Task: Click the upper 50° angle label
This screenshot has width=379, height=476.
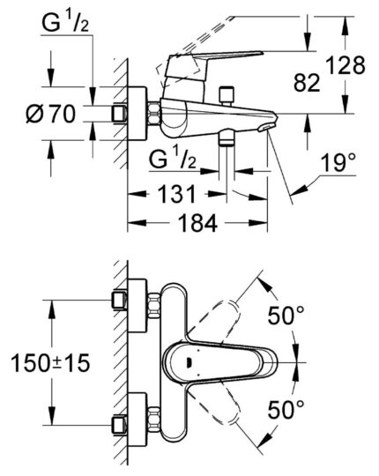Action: [x=287, y=314]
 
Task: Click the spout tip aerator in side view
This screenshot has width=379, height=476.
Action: [x=266, y=129]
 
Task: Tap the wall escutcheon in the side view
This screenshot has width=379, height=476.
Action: [x=139, y=114]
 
